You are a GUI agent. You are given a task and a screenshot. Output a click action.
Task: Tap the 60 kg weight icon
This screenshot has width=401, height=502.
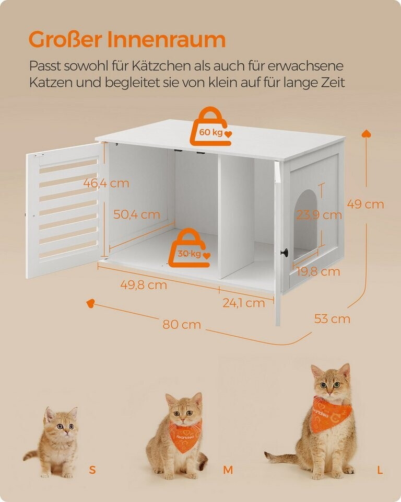(211, 127)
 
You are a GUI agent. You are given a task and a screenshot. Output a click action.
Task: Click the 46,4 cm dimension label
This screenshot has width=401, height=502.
(106, 183)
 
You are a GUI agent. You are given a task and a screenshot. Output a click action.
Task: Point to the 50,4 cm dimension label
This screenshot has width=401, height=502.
(137, 214)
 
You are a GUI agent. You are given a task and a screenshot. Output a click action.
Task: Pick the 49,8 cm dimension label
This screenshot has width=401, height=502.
(144, 284)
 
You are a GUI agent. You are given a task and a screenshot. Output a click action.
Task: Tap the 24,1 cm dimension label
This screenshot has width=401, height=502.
(244, 303)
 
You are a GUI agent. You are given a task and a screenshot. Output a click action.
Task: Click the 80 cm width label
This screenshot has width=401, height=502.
(182, 325)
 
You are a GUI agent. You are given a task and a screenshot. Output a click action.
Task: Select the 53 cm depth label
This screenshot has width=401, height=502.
(332, 319)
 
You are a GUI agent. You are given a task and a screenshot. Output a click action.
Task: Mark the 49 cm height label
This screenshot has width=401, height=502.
(365, 204)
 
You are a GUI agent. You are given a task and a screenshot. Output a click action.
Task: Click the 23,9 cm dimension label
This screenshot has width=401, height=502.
(319, 215)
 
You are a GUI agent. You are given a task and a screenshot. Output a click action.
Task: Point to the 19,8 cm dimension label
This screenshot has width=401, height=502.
(318, 272)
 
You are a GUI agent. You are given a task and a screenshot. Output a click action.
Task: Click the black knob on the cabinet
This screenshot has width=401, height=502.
(284, 253)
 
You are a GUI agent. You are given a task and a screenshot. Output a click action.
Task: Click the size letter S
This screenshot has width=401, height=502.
(92, 470)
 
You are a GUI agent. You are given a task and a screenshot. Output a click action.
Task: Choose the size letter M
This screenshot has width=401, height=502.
(228, 470)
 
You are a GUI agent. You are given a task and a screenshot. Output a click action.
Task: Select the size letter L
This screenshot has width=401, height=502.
(380, 470)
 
